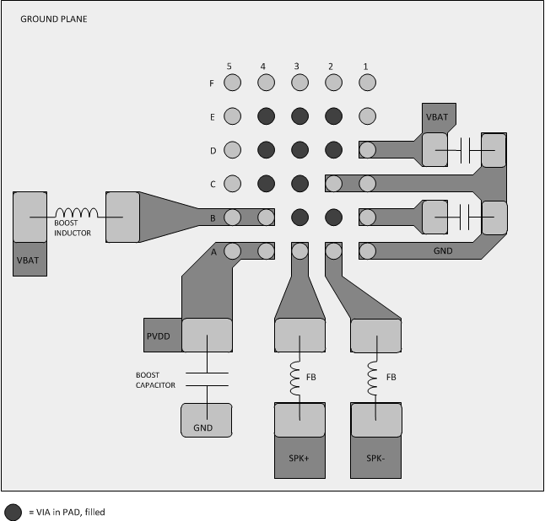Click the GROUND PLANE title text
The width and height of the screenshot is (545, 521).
(x=53, y=19)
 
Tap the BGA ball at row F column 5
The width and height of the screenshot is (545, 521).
(x=233, y=83)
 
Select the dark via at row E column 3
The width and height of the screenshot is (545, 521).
(x=299, y=116)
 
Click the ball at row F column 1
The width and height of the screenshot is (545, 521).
(x=367, y=83)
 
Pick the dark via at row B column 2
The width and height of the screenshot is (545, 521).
(x=333, y=217)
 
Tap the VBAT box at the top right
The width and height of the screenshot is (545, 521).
(x=437, y=117)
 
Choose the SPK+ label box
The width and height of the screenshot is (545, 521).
(x=299, y=459)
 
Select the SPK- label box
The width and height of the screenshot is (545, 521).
(x=375, y=459)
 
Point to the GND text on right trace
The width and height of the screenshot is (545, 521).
(x=443, y=250)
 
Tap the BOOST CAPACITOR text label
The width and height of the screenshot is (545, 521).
(x=155, y=379)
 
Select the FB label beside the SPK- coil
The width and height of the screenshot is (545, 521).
(x=391, y=377)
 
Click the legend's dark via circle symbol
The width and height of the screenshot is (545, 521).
(x=13, y=512)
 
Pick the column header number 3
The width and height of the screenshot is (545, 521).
(x=296, y=66)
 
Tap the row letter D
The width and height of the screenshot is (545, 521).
(x=213, y=151)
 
